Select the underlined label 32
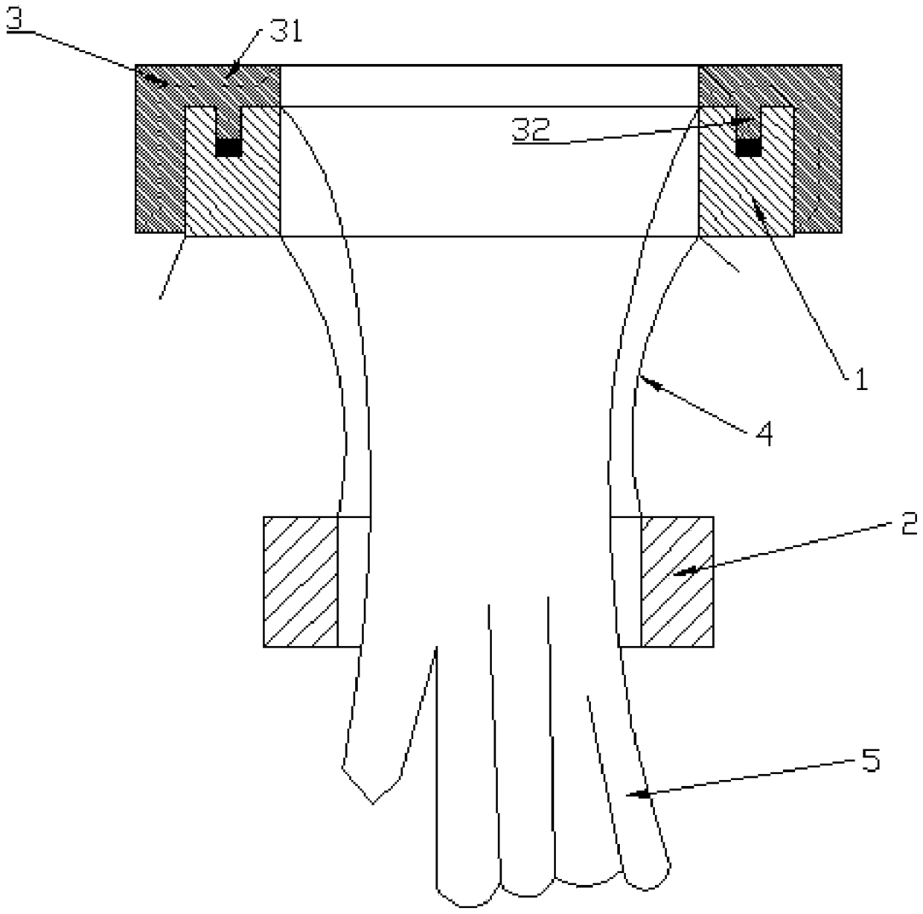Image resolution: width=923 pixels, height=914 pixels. click(x=531, y=130)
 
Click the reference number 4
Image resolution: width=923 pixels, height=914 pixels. click(x=764, y=434)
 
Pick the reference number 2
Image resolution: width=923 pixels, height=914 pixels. click(x=909, y=523)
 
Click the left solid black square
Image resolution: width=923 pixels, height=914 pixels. click(x=229, y=147)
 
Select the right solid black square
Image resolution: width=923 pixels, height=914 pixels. click(x=749, y=147)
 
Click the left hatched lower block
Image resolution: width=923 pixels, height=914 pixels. click(x=300, y=582)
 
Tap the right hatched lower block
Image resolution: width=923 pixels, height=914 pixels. click(x=677, y=582)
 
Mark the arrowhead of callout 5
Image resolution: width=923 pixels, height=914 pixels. click(x=637, y=794)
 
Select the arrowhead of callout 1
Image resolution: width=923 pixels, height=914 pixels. click(x=758, y=208)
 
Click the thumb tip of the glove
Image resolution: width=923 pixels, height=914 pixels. click(x=373, y=804)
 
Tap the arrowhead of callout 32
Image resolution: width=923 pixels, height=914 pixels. click(x=744, y=121)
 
